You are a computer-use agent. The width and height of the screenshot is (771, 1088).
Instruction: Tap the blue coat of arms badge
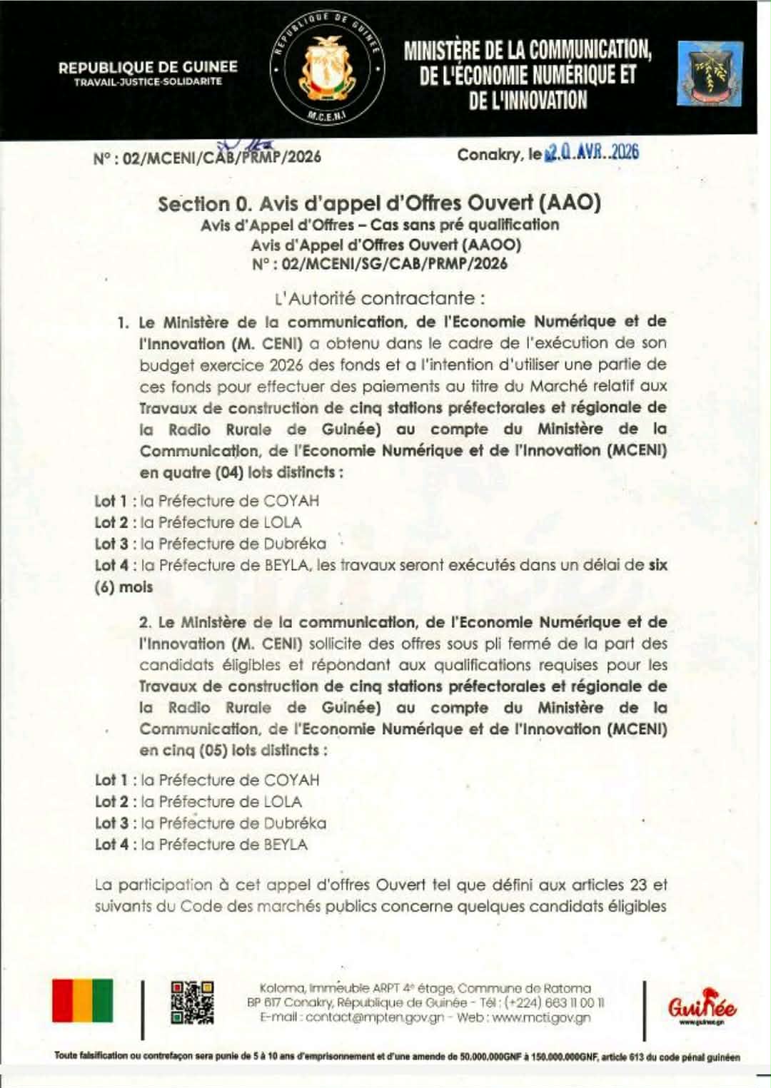(x=710, y=73)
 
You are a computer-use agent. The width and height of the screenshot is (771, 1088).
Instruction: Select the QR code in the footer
(x=192, y=1002)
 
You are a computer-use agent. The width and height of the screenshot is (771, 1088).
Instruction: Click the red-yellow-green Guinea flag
(x=82, y=1000)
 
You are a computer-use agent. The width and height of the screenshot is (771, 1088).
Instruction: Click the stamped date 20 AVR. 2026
(x=592, y=152)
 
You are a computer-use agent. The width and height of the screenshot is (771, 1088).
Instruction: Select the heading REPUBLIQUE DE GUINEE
(x=148, y=67)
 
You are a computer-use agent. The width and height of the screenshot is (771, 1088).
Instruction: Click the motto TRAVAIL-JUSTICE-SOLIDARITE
(x=148, y=82)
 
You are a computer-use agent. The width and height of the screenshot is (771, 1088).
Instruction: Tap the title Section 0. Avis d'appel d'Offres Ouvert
(x=379, y=203)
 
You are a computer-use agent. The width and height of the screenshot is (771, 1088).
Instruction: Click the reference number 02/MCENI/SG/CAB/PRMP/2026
(x=394, y=264)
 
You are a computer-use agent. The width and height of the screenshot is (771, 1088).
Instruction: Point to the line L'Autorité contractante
(x=380, y=298)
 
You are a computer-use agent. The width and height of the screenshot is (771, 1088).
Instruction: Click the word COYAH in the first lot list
(x=291, y=501)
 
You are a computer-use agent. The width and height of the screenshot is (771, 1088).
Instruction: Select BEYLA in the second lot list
(x=286, y=845)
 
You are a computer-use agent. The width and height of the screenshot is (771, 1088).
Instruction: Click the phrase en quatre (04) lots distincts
(x=241, y=472)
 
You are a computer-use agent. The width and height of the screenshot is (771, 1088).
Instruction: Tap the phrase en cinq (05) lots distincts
(x=233, y=751)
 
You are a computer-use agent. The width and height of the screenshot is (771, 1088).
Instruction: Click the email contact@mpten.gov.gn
(x=375, y=1017)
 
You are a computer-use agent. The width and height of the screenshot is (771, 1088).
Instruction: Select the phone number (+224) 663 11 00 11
(x=554, y=1002)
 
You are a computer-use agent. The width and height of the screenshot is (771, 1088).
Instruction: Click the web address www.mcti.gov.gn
(x=541, y=1017)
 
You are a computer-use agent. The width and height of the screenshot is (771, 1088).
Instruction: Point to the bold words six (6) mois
(x=124, y=587)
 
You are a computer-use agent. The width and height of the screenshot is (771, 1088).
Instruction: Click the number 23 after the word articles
(x=638, y=885)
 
